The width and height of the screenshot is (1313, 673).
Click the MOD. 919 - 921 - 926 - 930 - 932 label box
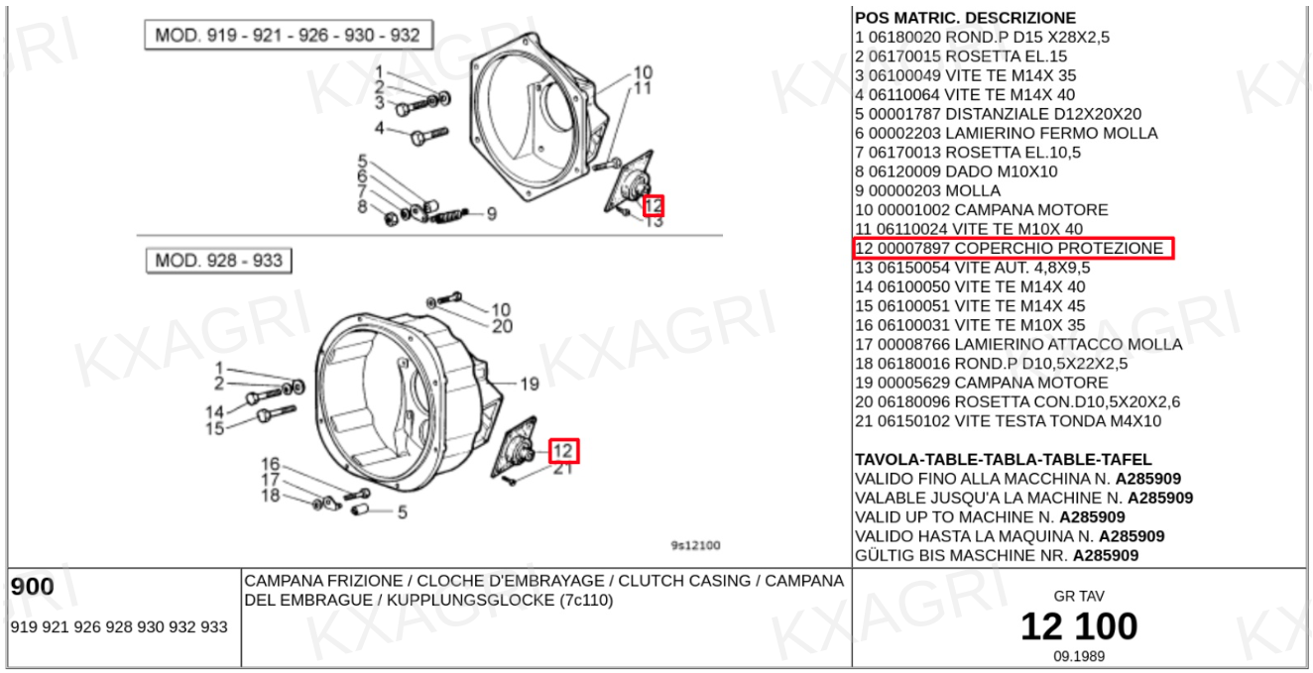(289, 35)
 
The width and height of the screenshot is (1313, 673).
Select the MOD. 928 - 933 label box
(218, 260)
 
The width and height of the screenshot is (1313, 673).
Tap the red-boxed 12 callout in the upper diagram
(654, 205)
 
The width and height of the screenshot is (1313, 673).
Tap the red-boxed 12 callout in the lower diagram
(564, 450)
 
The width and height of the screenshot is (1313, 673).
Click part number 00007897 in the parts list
(913, 249)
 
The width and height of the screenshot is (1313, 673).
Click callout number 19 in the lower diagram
(530, 385)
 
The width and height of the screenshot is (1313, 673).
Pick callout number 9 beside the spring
(492, 214)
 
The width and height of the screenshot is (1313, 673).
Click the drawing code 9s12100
(695, 545)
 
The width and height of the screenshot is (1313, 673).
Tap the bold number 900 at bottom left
(33, 587)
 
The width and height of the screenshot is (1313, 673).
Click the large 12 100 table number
(1079, 626)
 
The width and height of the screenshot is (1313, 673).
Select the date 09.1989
(1079, 656)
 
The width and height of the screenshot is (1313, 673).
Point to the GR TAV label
(1079, 597)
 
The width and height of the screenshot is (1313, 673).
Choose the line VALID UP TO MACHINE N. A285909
(990, 517)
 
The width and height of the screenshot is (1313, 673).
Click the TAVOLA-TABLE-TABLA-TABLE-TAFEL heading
(1003, 459)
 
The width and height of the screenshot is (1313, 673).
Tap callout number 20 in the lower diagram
(503, 326)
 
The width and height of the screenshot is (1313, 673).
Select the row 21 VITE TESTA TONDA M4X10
(1008, 421)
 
